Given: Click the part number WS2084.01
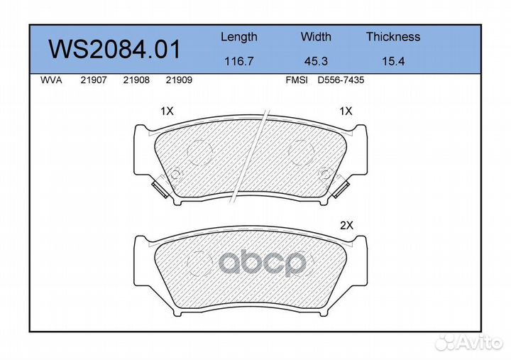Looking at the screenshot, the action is pos(114,49).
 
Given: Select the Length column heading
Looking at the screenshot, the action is pos(239,37).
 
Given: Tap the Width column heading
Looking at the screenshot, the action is pos(316,36).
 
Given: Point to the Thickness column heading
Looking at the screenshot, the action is pos(393,36).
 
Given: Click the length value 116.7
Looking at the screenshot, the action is pos(239,61).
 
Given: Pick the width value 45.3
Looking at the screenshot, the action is pos(316,61).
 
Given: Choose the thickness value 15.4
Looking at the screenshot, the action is pos(393,61).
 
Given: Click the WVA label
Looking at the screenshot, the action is pos(51,80).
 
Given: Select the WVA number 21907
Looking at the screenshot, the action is pos(94,80).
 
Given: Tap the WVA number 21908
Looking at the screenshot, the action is pos(136,80).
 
